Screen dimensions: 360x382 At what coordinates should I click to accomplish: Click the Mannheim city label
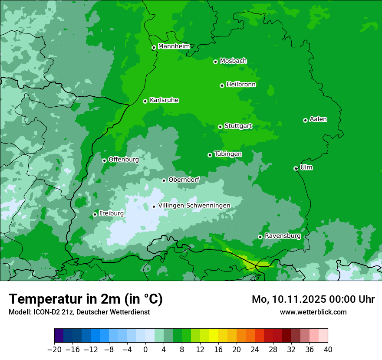[x=174, y=46]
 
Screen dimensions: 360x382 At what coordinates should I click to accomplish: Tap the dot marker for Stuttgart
[x=220, y=127]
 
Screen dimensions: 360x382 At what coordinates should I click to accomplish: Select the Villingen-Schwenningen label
[x=194, y=206]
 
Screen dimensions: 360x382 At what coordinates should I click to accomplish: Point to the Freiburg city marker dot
[x=95, y=214]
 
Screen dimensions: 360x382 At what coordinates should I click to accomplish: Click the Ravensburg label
[x=283, y=236]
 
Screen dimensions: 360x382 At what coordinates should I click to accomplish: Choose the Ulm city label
[x=306, y=167]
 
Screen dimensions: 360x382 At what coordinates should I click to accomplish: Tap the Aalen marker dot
[x=305, y=120]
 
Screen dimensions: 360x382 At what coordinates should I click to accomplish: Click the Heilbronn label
[x=241, y=85]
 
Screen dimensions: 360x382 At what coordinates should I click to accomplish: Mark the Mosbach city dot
[x=215, y=62]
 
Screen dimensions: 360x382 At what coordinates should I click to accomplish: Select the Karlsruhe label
[x=164, y=100]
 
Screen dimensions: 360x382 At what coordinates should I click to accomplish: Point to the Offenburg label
[x=123, y=160]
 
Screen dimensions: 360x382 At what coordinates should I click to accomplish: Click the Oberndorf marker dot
[x=164, y=180]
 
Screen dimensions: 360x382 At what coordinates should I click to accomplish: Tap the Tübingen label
[x=228, y=154]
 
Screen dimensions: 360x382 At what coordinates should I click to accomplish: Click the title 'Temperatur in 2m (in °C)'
[x=86, y=299]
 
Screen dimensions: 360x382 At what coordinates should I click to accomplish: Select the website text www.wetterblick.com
[x=313, y=312]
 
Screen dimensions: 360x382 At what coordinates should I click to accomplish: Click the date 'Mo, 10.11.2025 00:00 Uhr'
[x=313, y=299]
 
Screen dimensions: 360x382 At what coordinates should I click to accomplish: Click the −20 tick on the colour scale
[x=55, y=349]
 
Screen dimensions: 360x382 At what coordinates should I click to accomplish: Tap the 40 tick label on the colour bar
[x=327, y=349]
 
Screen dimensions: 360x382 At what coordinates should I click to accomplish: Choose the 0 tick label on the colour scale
[x=145, y=349]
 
